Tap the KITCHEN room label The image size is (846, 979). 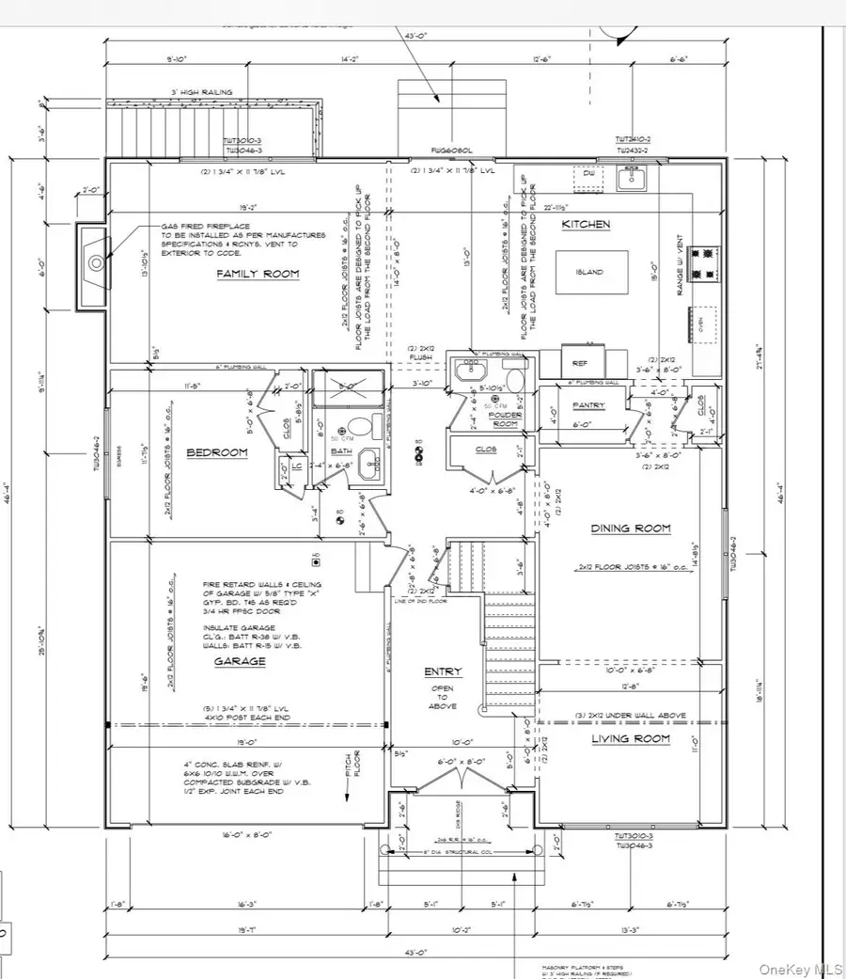tap(586, 225)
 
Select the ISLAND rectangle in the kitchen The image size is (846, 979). tap(591, 273)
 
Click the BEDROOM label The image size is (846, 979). tap(216, 452)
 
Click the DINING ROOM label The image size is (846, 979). tap(631, 529)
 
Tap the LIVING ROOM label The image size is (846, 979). tap(631, 739)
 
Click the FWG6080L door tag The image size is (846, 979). tap(449, 150)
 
